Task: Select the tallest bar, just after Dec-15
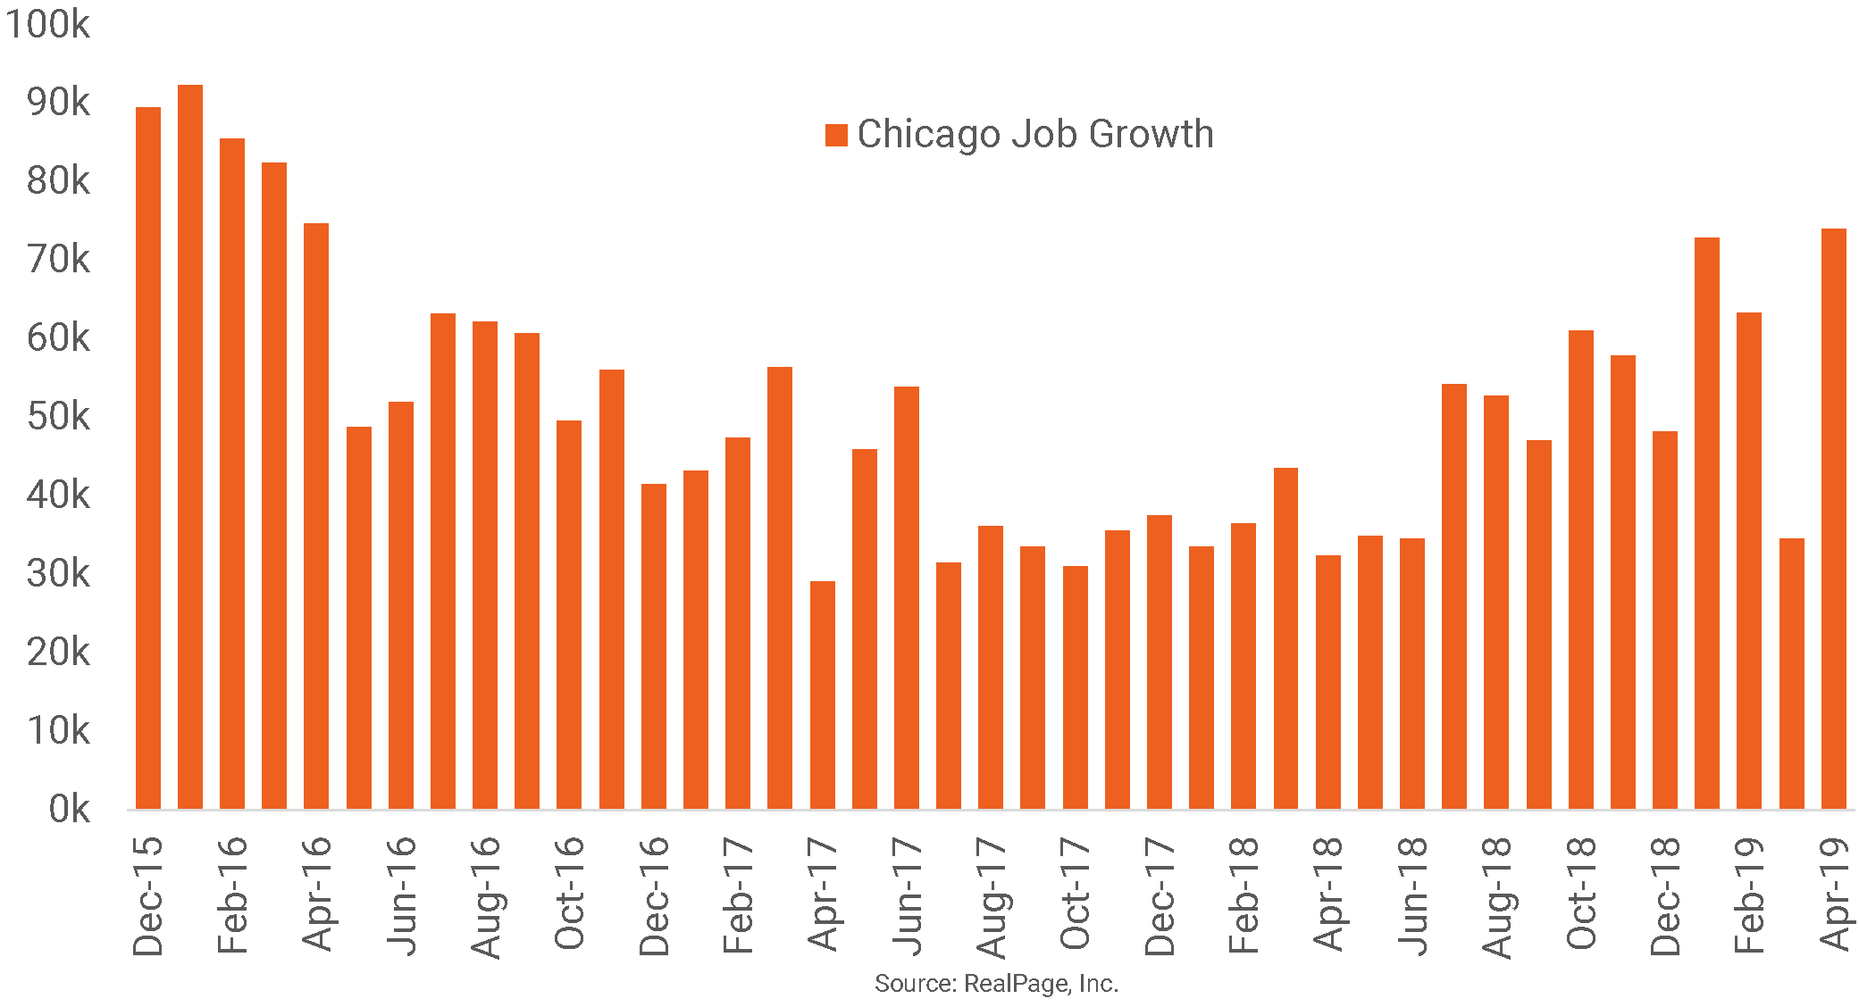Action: click(190, 446)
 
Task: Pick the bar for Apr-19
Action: click(1834, 519)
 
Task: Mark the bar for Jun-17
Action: click(907, 597)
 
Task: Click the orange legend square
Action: click(836, 136)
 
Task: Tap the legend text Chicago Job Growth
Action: click(1035, 134)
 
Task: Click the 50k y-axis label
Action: click(58, 417)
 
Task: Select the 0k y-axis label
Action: click(69, 810)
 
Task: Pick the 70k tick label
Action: click(58, 260)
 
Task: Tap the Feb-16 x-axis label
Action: click(232, 895)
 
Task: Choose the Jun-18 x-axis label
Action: click(1413, 895)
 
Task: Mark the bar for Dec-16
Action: click(654, 646)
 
